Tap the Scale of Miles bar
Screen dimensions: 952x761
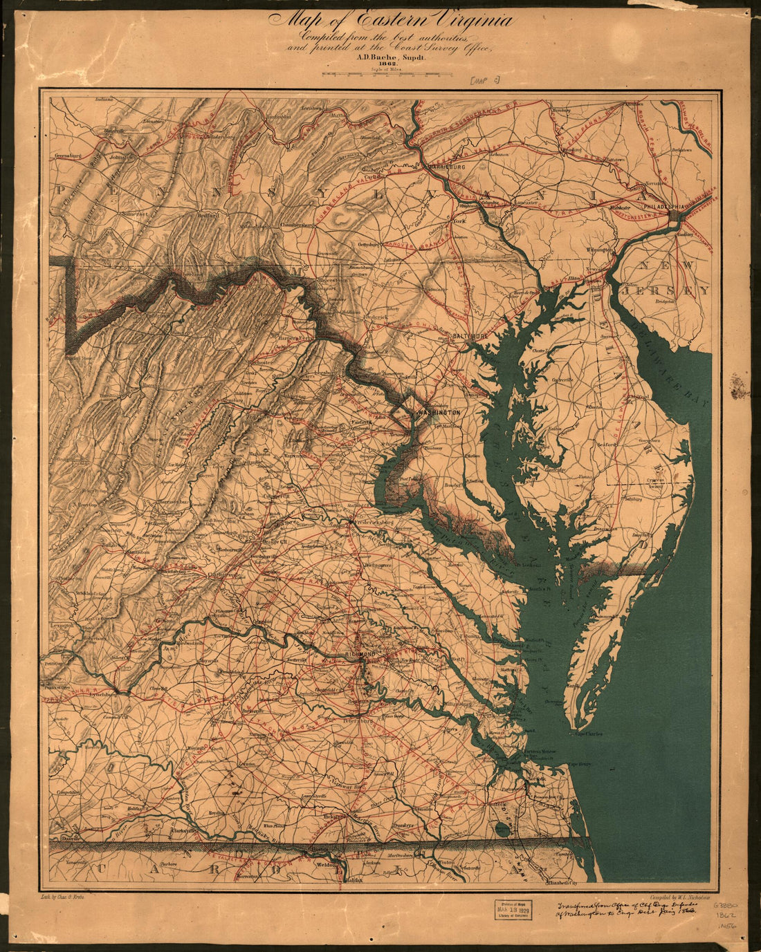387,75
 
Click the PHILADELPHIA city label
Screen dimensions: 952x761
663,206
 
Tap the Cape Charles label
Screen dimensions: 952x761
587,734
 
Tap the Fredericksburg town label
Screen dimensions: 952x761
374,523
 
